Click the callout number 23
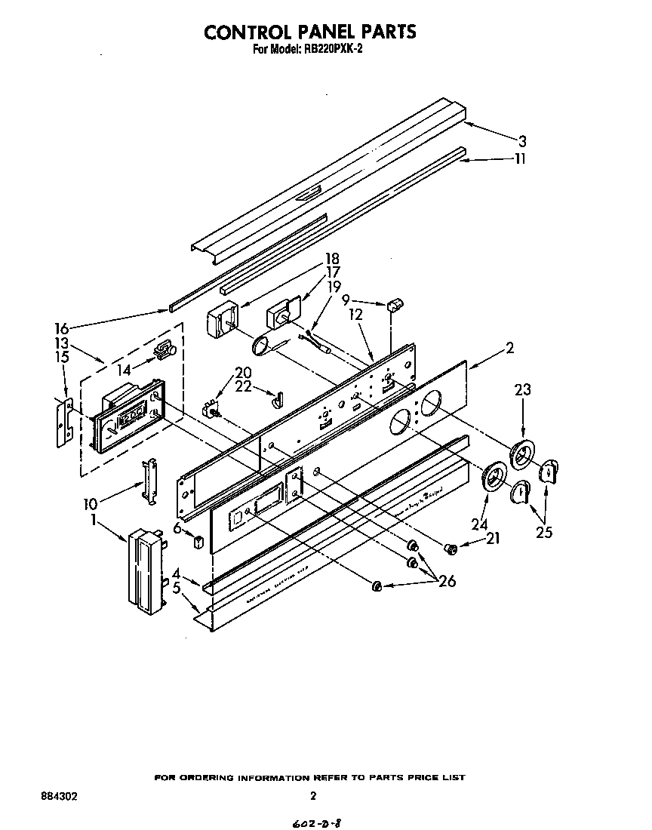pos(522,390)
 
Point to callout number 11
pos(519,158)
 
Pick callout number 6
pos(177,529)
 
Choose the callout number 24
pos(479,524)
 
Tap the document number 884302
pos(59,796)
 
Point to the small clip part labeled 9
pos(392,305)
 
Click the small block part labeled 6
pos(198,542)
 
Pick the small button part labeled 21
pos(449,548)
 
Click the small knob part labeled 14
pos(164,350)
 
